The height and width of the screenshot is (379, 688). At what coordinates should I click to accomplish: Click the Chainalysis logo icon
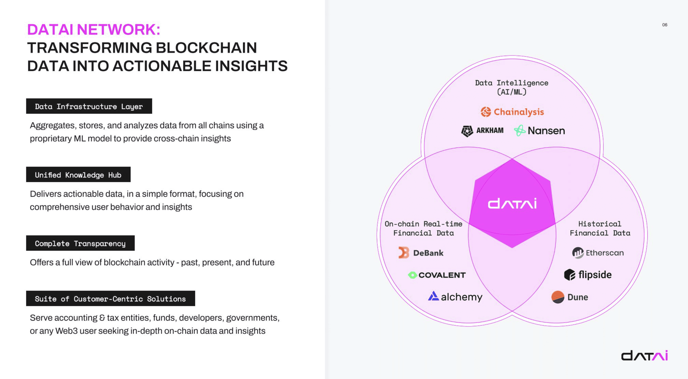pos(486,112)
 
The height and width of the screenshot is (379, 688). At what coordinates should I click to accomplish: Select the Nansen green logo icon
pos(520,131)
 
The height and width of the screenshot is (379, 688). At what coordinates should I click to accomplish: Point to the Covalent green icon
pos(413,275)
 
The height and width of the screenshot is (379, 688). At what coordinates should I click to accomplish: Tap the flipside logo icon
pos(569,275)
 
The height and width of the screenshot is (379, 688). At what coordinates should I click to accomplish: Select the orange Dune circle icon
pos(558,297)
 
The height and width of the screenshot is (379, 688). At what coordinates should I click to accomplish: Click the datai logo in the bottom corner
pos(644,356)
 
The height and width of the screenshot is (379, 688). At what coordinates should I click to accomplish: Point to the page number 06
pos(665,25)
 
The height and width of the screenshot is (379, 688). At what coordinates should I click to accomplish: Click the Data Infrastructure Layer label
pos(89,106)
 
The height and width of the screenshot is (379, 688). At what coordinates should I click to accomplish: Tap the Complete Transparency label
pos(80,243)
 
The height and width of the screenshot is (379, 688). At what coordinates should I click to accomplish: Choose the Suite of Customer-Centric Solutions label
pos(110,299)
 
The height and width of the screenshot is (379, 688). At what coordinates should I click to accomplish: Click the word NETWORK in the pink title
pos(118,29)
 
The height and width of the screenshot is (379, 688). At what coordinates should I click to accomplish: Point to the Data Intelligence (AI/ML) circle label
pos(511,87)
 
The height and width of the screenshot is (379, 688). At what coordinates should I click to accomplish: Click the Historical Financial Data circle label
pos(600,228)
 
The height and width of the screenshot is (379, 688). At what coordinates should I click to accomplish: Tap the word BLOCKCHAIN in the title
pos(206,48)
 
